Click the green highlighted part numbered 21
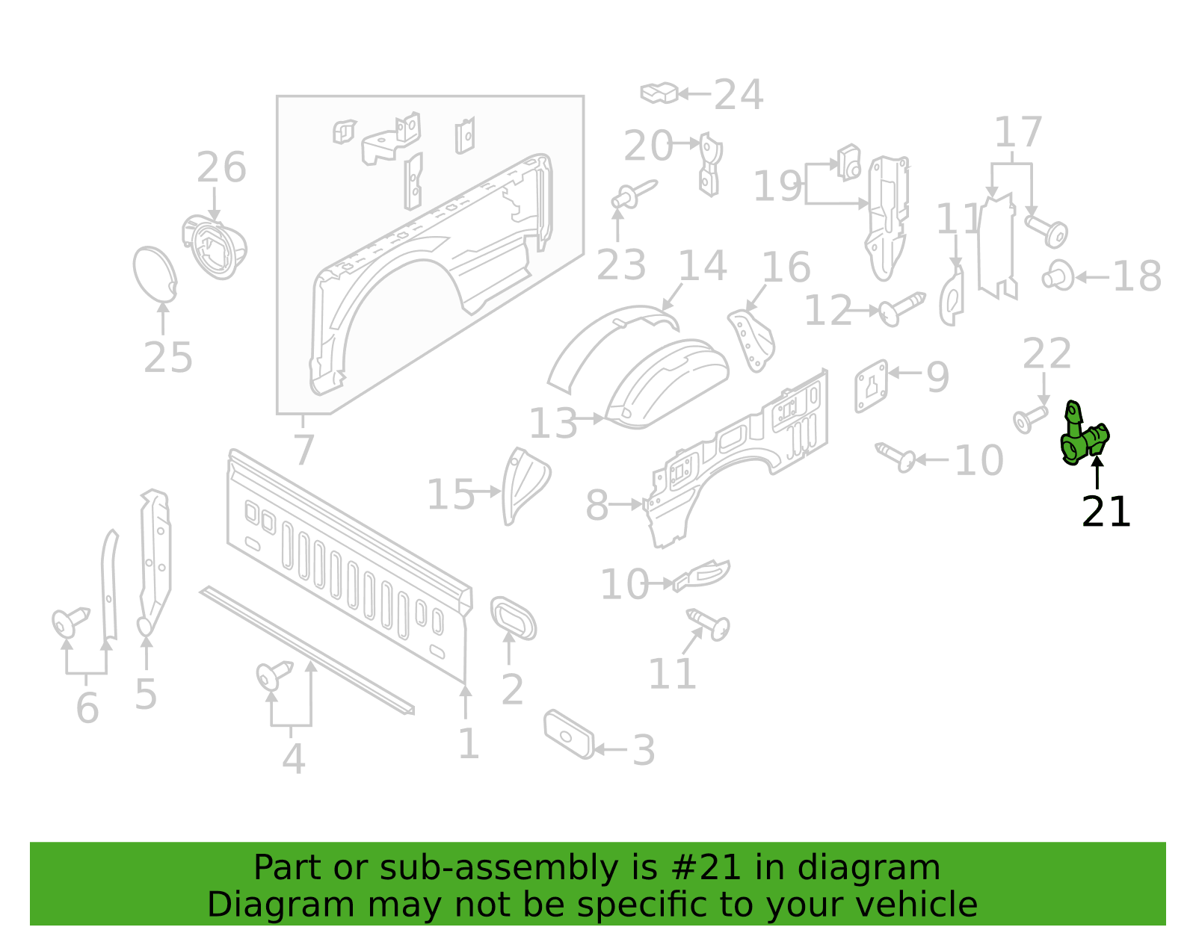click(1082, 435)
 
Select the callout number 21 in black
click(1106, 512)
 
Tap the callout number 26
click(221, 167)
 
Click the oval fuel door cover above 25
click(155, 274)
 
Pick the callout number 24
click(738, 95)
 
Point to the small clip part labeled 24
click(659, 93)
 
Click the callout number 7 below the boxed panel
click(303, 450)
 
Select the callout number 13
click(552, 424)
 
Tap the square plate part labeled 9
click(872, 386)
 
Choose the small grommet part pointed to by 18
click(1057, 276)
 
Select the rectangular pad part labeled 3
click(569, 734)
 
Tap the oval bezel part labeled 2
click(513, 618)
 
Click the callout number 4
click(293, 759)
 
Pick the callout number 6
click(87, 707)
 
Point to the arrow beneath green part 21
click(1097, 472)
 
